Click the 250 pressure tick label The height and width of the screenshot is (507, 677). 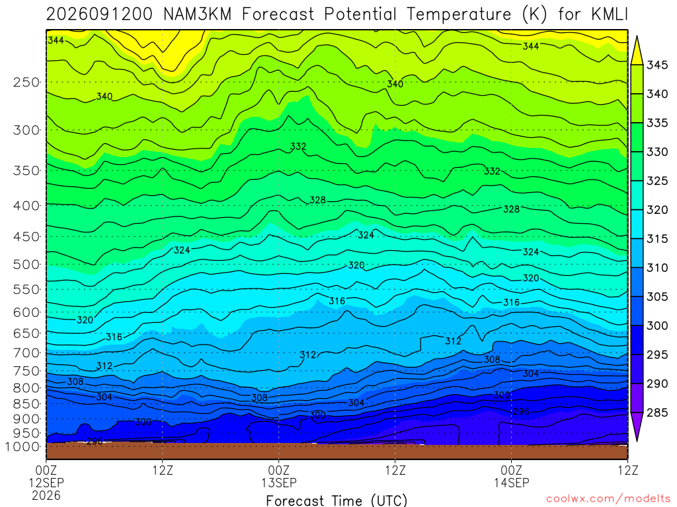pos(26,82)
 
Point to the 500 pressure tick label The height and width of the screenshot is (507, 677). pos(26,264)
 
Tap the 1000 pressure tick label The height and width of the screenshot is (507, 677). pos(22,447)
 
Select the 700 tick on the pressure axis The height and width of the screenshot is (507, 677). pos(26,353)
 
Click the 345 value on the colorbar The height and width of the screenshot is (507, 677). pos(657,65)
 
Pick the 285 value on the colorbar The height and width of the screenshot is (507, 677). pos(657,413)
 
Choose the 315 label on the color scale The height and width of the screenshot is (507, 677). pos(657,238)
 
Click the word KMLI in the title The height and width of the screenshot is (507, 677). pos(609,15)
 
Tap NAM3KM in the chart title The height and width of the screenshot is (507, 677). pos(197,15)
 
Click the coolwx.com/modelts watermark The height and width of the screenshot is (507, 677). pos(608,498)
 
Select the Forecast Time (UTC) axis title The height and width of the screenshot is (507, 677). pos(337,500)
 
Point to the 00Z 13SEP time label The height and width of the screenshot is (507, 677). pos(279,476)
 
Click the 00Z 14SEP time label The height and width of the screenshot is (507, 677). pos(512,476)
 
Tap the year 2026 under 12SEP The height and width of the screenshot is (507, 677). pos(46,495)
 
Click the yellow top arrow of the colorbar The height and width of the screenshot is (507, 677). pos(637,50)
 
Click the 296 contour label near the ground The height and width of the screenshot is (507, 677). pos(95,441)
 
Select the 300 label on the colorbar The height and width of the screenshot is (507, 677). pos(657,325)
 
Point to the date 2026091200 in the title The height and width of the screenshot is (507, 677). pos(99,15)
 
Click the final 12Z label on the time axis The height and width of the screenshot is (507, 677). pos(628,469)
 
